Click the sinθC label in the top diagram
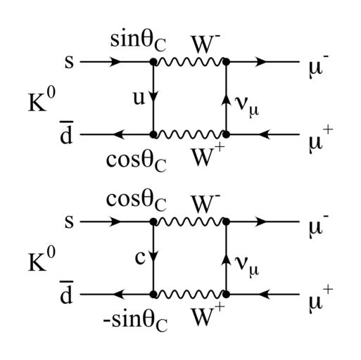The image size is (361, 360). pos(138,41)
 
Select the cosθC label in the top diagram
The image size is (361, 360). pos(137,162)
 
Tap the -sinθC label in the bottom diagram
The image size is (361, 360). pos(135,321)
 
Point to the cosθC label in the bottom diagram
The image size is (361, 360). pos(137,201)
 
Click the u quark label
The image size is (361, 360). pos(139,98)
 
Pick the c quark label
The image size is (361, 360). pos(140,257)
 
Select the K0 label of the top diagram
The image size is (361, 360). pos(42,101)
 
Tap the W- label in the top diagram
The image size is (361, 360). pos(205,44)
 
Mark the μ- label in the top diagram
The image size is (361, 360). pos(319,67)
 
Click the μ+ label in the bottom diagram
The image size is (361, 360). pos(321,300)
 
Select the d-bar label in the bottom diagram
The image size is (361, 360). pos(66,292)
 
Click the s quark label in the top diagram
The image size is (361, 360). pos(69,62)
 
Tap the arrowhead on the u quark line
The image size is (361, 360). pos(153,97)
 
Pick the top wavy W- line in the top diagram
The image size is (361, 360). pos(189,62)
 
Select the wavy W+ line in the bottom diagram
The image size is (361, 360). pos(189,295)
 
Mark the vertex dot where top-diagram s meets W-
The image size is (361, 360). pos(153,62)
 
